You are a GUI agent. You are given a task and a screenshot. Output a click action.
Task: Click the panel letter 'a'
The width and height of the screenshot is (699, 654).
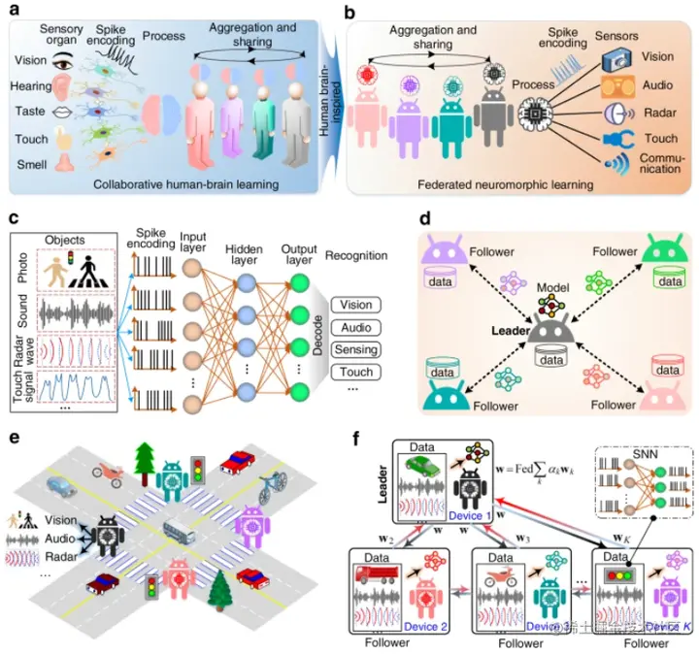click(x=14, y=11)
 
